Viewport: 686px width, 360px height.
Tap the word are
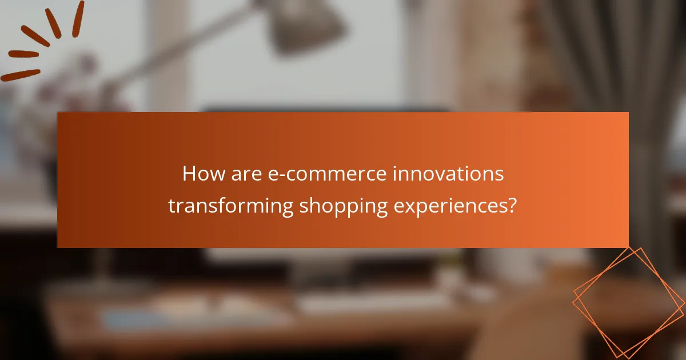pyautogui.click(x=247, y=174)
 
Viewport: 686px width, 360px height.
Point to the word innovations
pyautogui.click(x=448, y=174)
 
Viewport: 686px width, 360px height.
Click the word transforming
pyautogui.click(x=230, y=206)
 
